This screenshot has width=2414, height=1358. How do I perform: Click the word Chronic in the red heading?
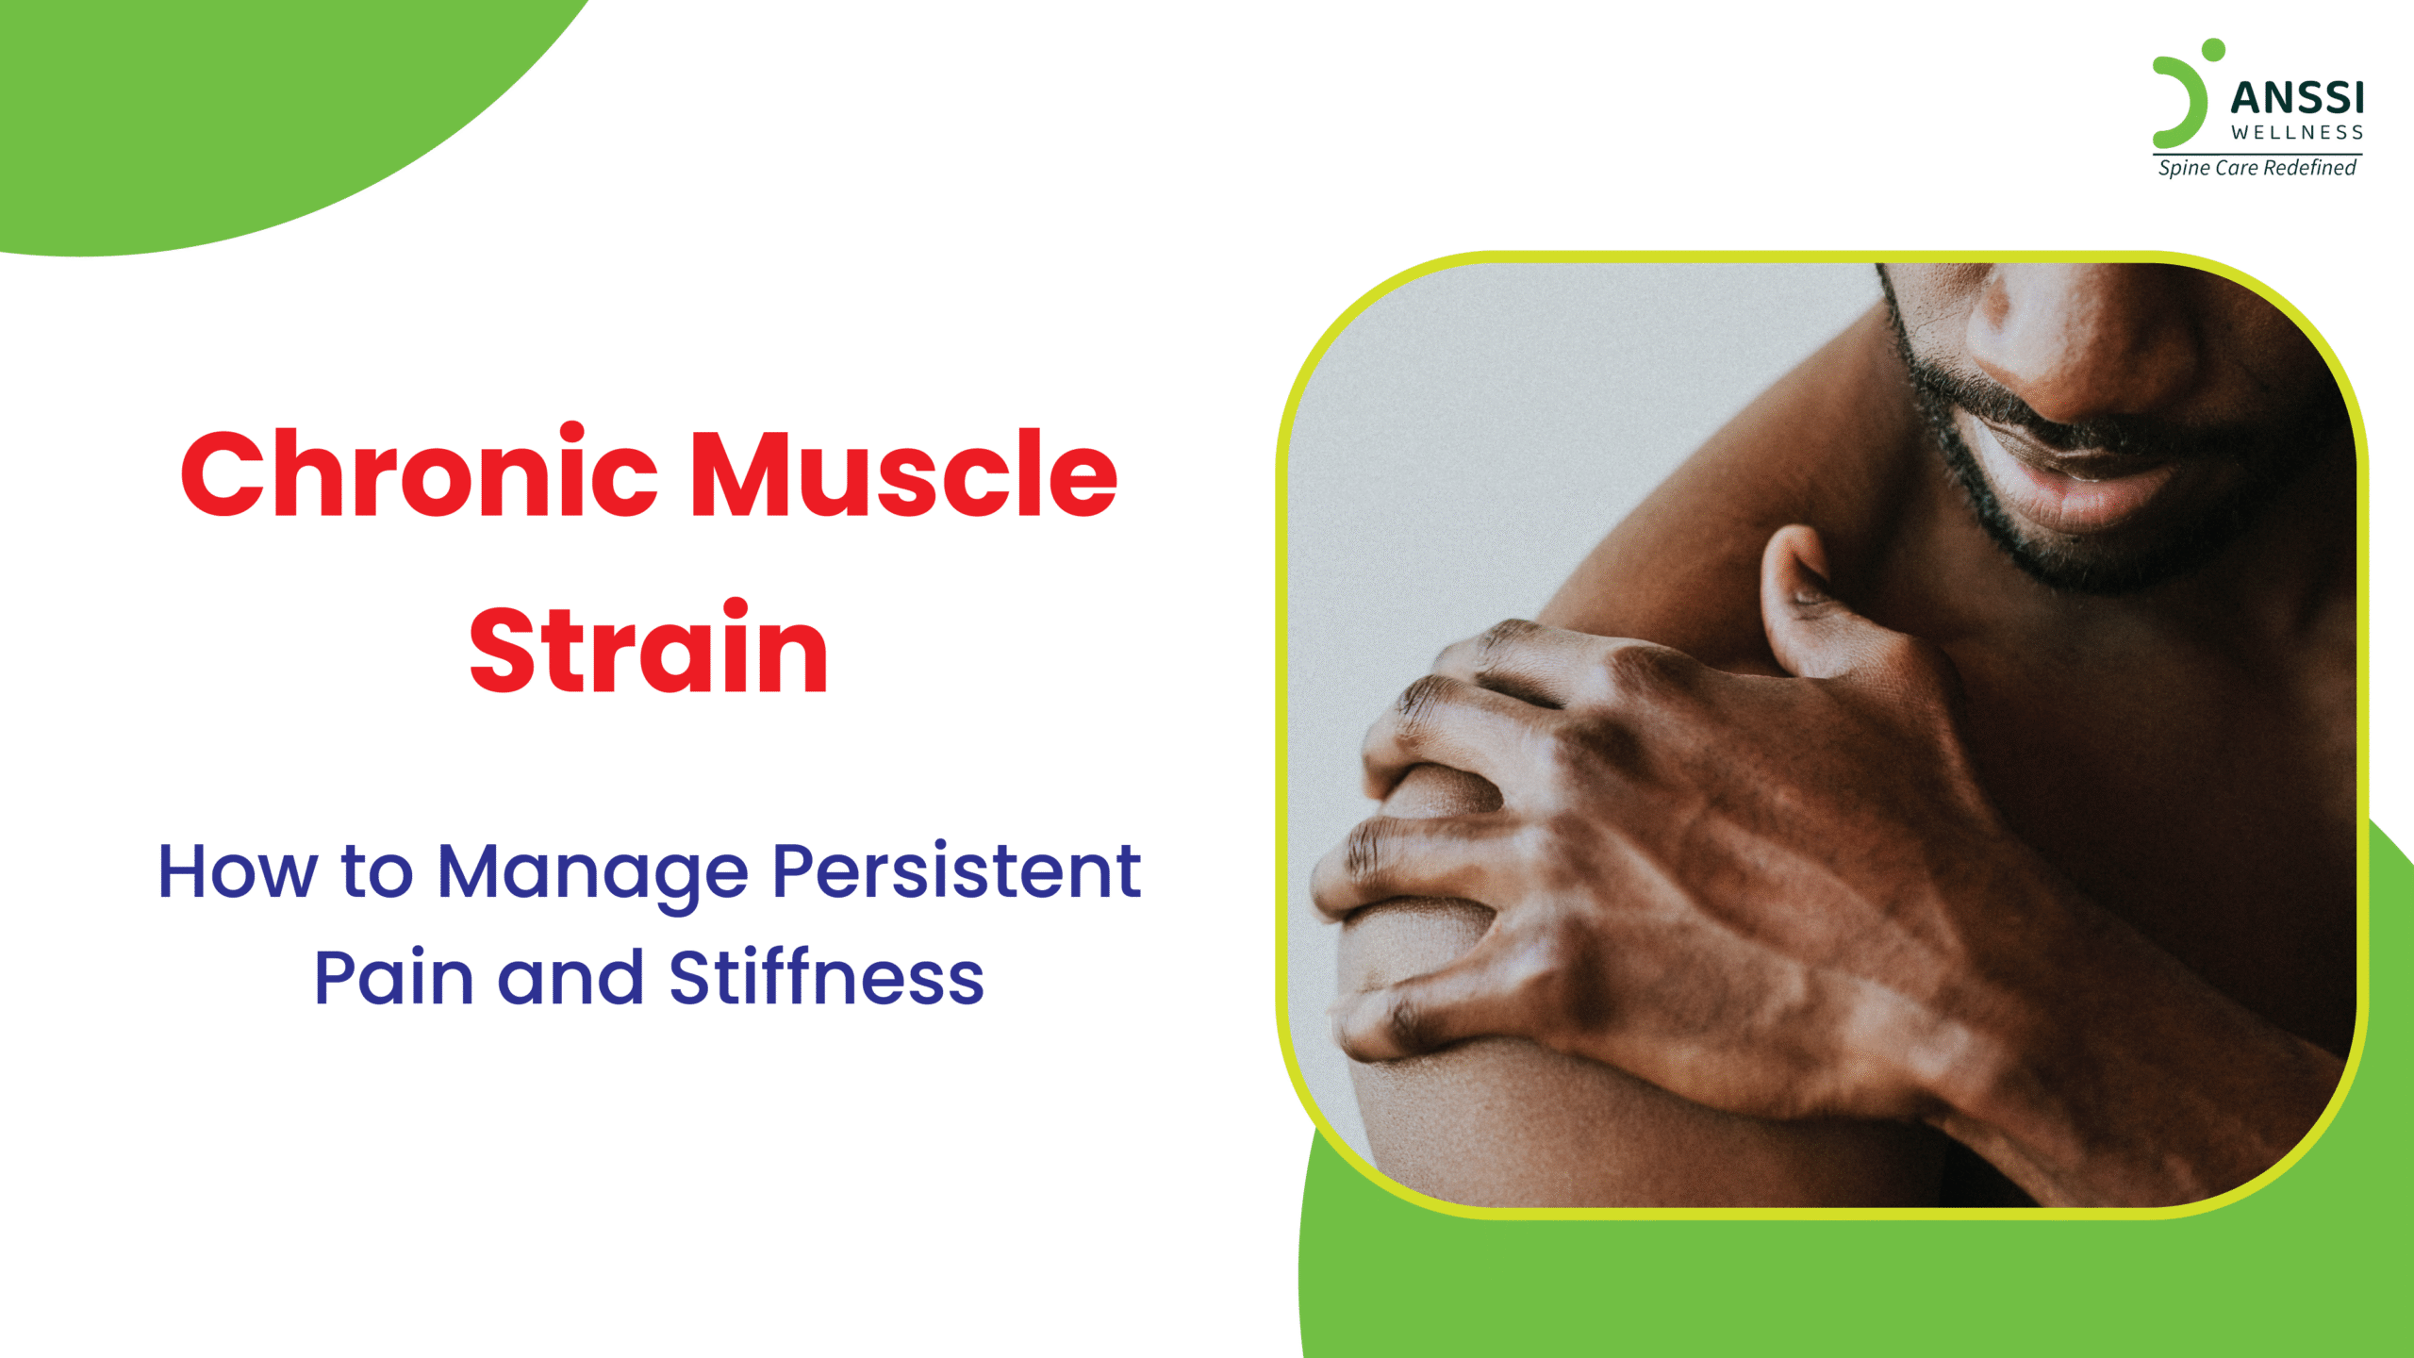click(419, 472)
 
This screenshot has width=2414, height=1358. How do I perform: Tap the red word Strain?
click(649, 647)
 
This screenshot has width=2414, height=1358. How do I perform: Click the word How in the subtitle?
click(238, 871)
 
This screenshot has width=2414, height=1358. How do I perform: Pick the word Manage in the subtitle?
click(593, 875)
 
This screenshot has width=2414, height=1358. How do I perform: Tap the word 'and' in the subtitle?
click(571, 976)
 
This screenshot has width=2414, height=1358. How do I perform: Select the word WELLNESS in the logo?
click(2297, 133)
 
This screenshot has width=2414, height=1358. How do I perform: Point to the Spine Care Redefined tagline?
click(2257, 168)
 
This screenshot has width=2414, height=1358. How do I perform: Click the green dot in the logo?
click(2213, 50)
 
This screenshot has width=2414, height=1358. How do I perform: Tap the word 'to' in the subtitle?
click(376, 873)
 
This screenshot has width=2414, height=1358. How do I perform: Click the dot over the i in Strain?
click(736, 609)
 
